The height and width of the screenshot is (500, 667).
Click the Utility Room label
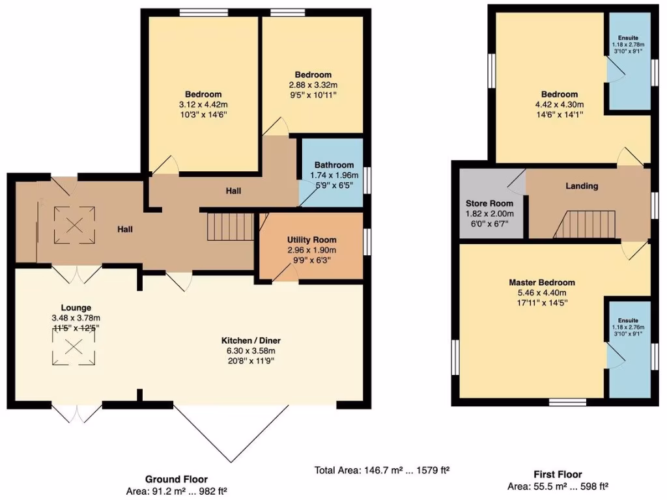click(x=311, y=240)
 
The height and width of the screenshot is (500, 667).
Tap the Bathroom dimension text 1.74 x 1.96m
click(x=334, y=175)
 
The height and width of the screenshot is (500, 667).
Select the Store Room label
click(x=489, y=203)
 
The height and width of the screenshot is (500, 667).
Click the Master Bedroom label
click(x=542, y=283)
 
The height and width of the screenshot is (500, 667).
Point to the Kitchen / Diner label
click(x=251, y=340)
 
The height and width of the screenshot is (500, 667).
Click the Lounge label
click(x=76, y=307)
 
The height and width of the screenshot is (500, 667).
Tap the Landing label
click(x=582, y=186)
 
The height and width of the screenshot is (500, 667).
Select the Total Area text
click(x=383, y=469)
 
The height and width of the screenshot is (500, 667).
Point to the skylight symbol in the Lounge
click(x=74, y=348)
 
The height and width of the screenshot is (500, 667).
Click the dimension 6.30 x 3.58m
click(x=251, y=352)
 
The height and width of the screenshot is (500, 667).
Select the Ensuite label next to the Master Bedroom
click(x=629, y=320)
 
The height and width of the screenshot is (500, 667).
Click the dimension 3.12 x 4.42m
click(x=203, y=105)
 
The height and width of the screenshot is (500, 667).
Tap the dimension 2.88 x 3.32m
click(x=313, y=85)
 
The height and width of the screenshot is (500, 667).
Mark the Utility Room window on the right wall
click(x=367, y=242)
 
